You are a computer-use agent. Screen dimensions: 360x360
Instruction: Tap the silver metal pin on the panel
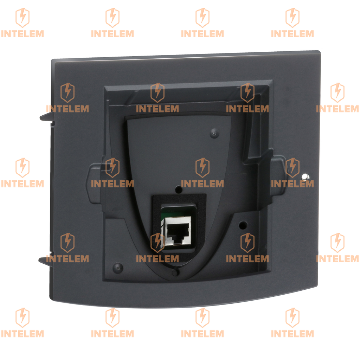point(305,177)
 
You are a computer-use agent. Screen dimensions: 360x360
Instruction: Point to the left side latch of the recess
point(95,184)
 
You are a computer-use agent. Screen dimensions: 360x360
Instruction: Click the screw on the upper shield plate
point(214,133)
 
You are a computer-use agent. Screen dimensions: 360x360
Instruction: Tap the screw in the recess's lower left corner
point(118,268)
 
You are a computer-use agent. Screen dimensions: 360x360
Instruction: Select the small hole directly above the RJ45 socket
point(178,189)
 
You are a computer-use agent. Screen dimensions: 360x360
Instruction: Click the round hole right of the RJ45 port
point(243,225)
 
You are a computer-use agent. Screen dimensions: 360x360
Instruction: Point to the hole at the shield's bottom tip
point(175,272)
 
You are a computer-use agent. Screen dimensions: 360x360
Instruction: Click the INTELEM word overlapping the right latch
point(292,184)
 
